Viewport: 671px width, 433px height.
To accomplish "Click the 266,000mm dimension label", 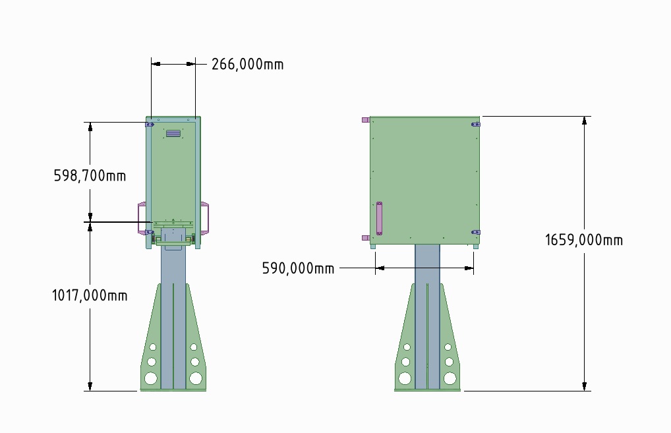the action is pos(247,64).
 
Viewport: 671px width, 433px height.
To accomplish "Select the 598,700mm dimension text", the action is pos(90,175).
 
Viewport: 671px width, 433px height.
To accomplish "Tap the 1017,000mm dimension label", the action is pos(90,295).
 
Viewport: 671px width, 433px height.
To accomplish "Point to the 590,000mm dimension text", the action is pos(298,268).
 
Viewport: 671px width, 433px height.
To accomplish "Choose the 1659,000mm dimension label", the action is pos(584,240).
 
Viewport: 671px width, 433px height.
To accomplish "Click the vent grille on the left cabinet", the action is pos(173,134).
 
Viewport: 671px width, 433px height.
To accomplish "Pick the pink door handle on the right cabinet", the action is pos(379,219).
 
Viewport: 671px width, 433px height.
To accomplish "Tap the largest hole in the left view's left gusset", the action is pos(151,378).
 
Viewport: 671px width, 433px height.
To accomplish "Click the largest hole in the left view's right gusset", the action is pos(196,378).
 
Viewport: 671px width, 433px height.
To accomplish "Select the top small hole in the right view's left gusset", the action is pos(407,347).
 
